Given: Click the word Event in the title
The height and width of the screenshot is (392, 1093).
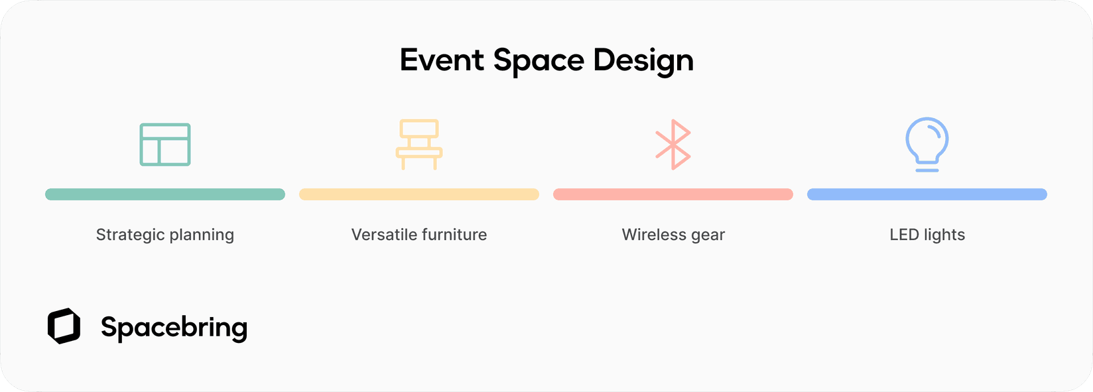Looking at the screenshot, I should tap(442, 60).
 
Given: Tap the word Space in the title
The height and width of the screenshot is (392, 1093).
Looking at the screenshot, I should tap(539, 60).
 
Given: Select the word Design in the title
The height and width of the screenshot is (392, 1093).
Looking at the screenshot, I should tap(643, 60).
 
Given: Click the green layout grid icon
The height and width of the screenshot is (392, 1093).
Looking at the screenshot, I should tap(165, 145).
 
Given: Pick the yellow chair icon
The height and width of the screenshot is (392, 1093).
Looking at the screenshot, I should tap(419, 144).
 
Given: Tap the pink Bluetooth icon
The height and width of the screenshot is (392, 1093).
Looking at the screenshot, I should tap(673, 145).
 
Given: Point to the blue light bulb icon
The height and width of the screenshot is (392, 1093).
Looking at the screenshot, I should tap(927, 144).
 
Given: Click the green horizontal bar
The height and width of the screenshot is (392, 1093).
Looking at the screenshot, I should tap(165, 194).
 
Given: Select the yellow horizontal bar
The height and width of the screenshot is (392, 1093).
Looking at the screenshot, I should tap(419, 194).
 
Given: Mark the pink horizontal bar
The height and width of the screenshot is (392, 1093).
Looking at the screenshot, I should tap(673, 194).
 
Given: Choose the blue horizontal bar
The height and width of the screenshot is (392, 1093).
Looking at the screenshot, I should tap(927, 194).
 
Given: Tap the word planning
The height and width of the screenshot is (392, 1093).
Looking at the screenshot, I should tap(202, 235).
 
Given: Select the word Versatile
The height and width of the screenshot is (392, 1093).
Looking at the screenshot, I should tap(383, 235).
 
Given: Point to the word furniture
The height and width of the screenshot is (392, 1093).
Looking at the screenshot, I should tap(454, 235).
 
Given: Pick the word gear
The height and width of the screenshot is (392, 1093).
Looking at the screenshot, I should tap(708, 235).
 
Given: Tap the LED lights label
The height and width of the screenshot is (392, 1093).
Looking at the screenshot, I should tap(927, 235).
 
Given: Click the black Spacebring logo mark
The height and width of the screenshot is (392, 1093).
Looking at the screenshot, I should tap(64, 326).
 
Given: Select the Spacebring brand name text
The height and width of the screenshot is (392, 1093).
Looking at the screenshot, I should tap(174, 328).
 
